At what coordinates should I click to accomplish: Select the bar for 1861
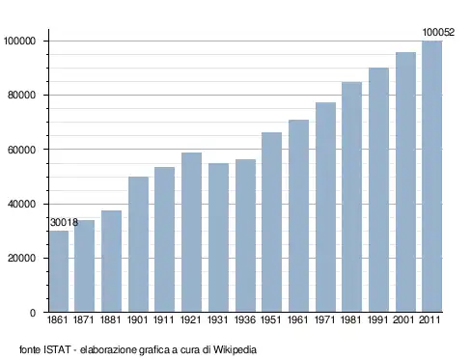point(59,271)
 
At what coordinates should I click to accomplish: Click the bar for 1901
point(138,244)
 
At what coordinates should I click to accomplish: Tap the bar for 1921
point(191,232)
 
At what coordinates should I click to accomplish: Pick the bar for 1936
point(245,235)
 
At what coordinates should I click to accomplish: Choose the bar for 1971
point(325,207)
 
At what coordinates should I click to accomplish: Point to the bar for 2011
point(432,177)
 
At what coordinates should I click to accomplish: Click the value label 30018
point(64,222)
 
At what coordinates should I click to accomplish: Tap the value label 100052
point(438,32)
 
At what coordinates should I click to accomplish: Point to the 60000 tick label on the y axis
point(21,150)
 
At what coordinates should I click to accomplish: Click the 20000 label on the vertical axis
point(21,258)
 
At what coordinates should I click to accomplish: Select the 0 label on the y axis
point(33,313)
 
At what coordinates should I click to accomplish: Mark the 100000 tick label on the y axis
point(19,42)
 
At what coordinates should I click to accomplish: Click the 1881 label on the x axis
point(110,319)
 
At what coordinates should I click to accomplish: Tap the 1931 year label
point(218,319)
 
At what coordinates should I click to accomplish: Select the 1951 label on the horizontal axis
point(271,319)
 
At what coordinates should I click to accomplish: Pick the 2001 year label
point(403,319)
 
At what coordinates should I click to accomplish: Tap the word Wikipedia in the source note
point(235,349)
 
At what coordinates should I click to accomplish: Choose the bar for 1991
point(378,190)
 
